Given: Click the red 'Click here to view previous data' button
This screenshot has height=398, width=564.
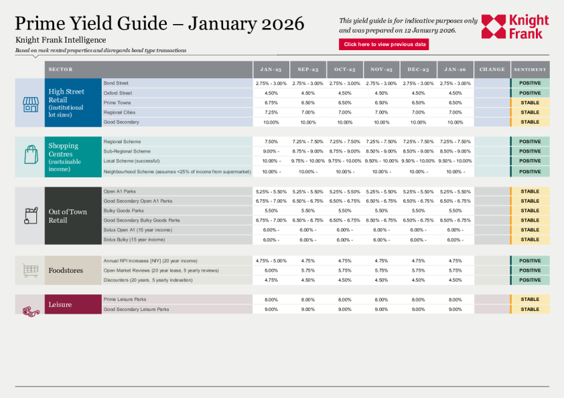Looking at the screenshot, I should [384, 45].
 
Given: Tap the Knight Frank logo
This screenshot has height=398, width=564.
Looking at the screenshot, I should [514, 27].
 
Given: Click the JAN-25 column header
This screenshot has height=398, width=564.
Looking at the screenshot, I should [271, 70].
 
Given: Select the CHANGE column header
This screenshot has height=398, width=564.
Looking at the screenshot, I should [492, 70].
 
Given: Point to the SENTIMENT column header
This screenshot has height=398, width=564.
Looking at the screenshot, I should [530, 70].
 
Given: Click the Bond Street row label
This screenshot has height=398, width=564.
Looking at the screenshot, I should [115, 84].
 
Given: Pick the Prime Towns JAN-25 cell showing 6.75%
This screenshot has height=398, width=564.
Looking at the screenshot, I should [271, 103].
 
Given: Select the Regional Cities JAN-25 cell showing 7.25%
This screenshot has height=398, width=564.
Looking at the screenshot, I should [271, 112].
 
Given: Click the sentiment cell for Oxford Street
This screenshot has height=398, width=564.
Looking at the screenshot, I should [530, 93].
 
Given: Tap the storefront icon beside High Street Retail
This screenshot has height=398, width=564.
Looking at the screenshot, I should [30, 104].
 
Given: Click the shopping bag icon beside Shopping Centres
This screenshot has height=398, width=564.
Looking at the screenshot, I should [30, 155].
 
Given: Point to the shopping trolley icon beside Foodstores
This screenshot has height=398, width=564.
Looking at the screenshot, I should [30, 270].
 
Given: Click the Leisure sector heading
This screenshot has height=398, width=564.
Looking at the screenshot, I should [60, 305].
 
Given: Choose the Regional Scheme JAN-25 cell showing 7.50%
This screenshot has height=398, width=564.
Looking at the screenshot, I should [271, 142].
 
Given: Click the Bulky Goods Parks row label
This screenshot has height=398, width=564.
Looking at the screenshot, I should [123, 211].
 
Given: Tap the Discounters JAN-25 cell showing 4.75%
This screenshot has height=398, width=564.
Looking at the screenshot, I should [271, 280].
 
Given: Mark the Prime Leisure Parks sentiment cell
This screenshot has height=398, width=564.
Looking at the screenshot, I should [530, 300].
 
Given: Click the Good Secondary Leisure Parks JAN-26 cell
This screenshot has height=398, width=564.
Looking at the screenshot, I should [455, 310].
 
